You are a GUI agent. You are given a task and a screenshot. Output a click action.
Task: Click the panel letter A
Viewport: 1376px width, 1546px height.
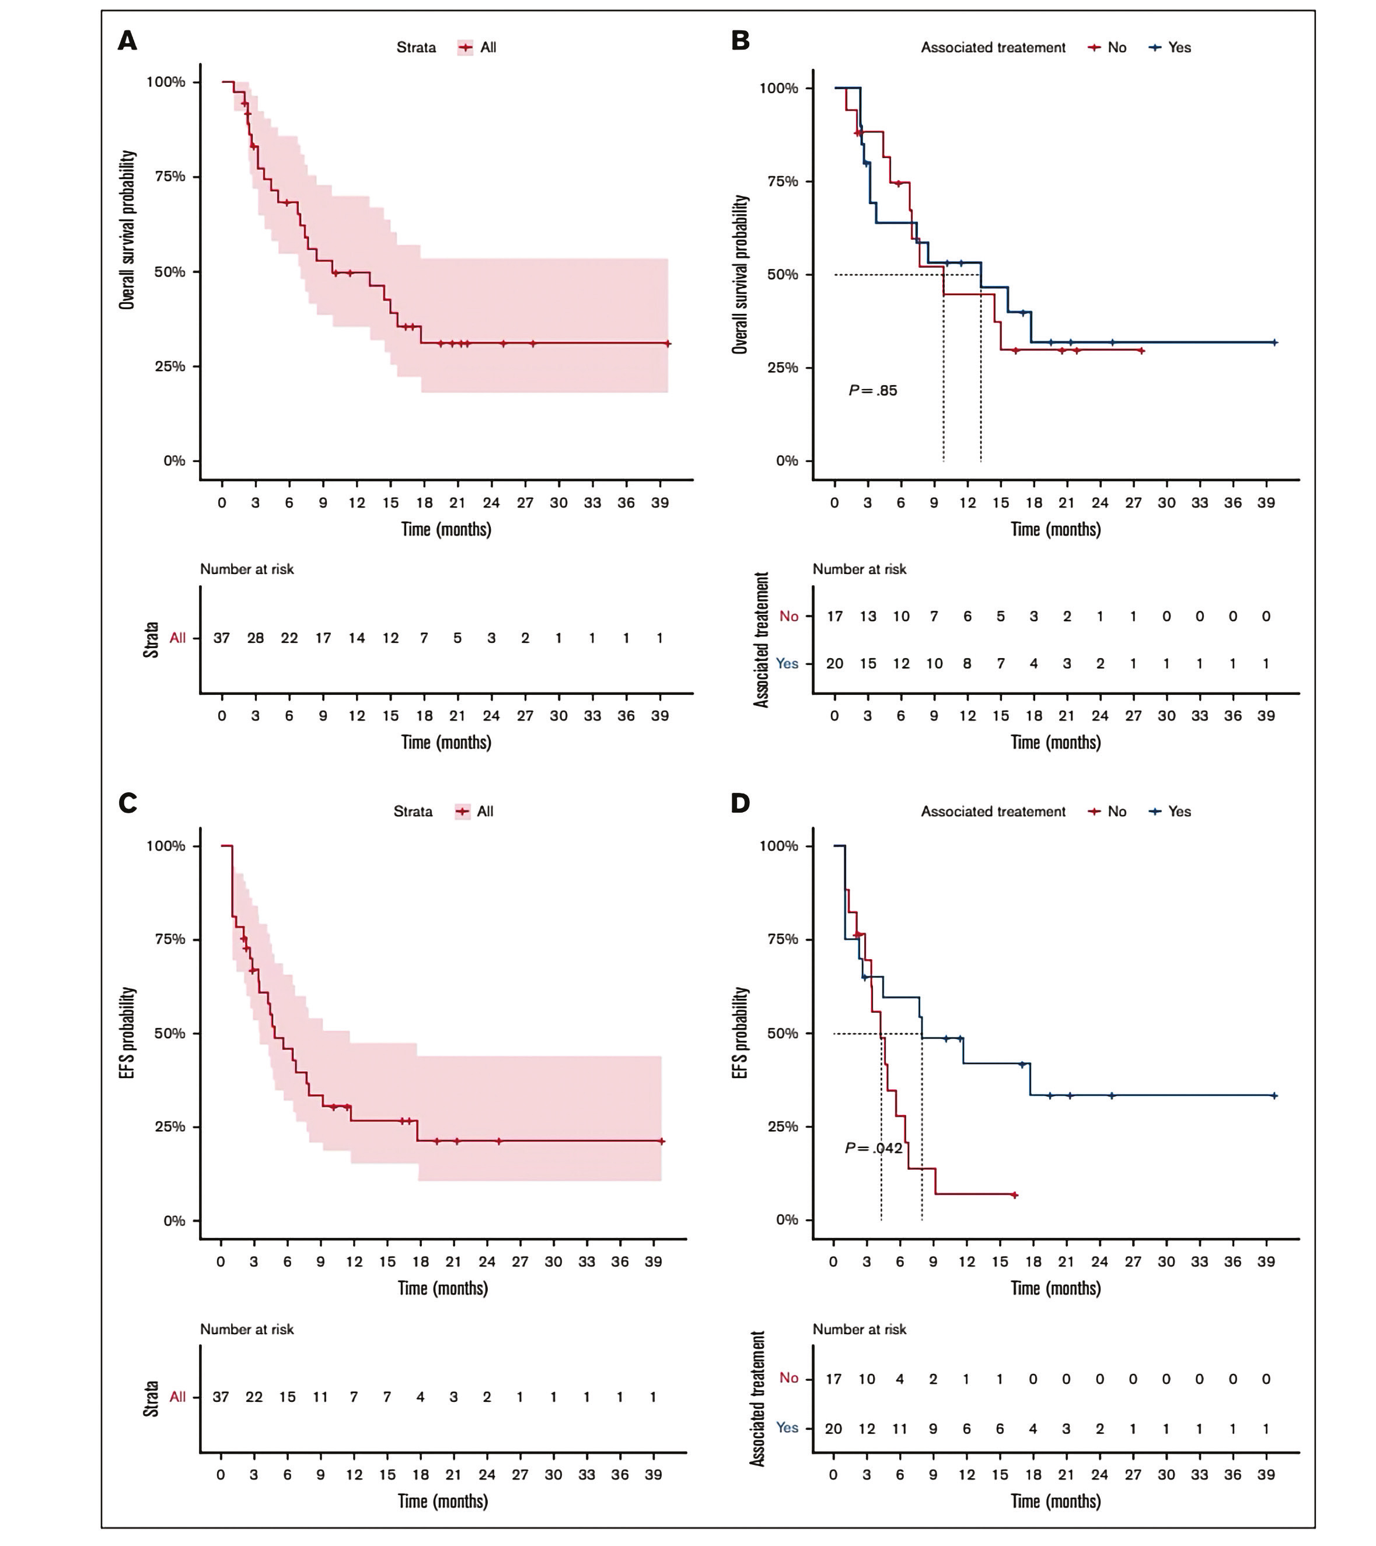[x=127, y=40]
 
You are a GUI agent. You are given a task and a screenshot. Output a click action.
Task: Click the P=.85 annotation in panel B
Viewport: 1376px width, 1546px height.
[x=873, y=391]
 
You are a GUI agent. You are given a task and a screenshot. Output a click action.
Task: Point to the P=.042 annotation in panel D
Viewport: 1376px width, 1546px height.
[x=874, y=1148]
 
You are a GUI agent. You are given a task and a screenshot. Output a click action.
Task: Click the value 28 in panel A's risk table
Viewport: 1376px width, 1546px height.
[x=256, y=638]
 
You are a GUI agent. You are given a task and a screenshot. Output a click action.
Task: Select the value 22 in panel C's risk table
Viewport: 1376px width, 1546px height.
[x=254, y=1397]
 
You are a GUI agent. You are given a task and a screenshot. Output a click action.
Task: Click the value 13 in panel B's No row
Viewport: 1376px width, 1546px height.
[x=868, y=617]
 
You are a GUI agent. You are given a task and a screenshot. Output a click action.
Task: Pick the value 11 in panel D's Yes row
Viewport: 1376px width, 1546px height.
[x=899, y=1429]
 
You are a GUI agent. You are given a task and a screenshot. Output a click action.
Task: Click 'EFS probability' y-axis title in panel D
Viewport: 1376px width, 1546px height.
[x=741, y=1033]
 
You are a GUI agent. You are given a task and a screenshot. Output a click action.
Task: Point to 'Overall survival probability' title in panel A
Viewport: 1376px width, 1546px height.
[x=127, y=230]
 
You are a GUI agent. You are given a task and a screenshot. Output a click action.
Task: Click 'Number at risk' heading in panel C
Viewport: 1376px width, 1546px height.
[x=247, y=1329]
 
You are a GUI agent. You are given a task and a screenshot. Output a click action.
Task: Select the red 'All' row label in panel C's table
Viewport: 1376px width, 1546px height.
[x=178, y=1397]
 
